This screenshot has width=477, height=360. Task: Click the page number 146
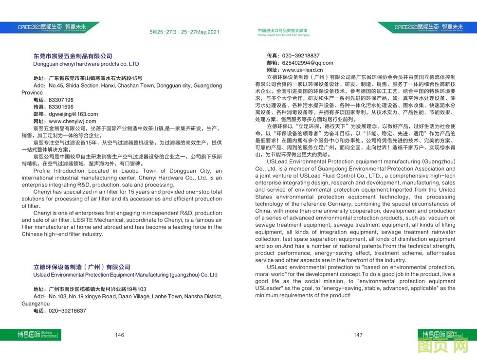pos(119,335)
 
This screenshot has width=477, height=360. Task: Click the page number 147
pos(358,335)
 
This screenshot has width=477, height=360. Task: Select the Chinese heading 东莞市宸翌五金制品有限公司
pos(73,56)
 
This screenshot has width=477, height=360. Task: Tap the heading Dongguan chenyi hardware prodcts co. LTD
pos(86,64)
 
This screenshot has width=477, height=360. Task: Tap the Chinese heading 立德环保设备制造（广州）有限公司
pos(82,267)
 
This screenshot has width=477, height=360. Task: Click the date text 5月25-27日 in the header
pos(163,32)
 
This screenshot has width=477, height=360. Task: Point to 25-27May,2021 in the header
pos(200,32)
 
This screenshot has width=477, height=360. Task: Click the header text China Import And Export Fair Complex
pos(283,36)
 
